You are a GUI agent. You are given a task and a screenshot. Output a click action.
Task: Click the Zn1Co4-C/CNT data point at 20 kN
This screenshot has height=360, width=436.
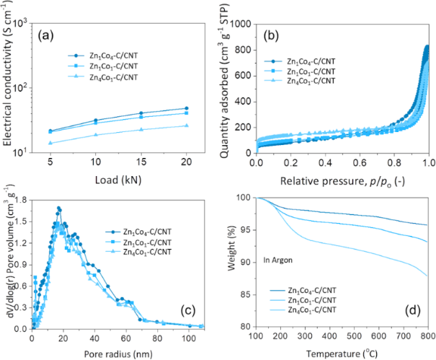click(x=186, y=108)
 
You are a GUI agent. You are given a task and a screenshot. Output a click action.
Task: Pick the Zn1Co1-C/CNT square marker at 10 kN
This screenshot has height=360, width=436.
click(x=96, y=123)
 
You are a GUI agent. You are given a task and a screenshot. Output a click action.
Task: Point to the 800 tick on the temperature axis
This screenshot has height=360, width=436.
click(x=427, y=335)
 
